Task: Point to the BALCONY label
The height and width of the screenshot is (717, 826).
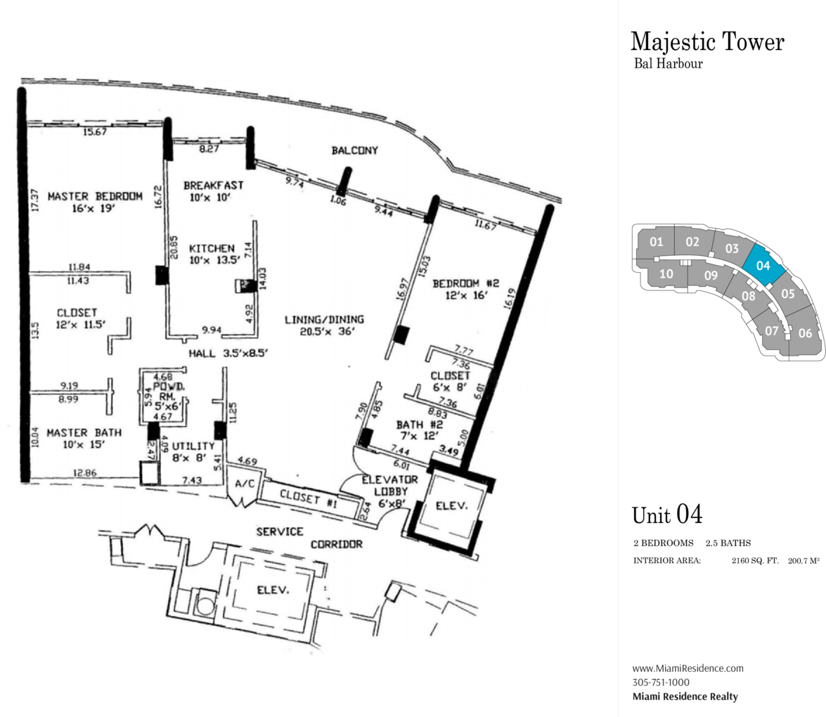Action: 355,150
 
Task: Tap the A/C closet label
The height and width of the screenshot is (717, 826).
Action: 243,484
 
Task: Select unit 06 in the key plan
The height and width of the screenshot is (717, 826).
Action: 805,333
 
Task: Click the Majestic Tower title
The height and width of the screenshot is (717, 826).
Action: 706,41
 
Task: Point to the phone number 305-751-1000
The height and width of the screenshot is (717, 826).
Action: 661,682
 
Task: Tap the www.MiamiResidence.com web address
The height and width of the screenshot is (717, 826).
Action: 688,668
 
